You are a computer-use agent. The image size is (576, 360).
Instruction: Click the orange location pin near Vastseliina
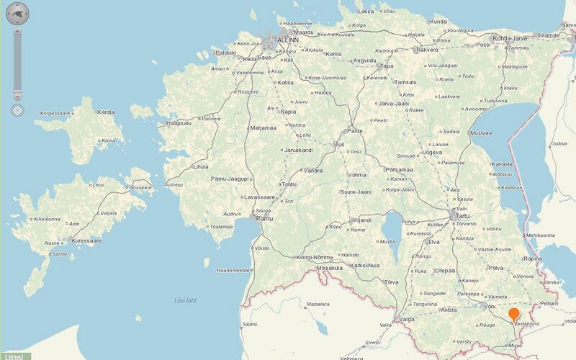coord(514,314)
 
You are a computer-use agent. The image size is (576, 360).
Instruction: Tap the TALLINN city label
coord(286,40)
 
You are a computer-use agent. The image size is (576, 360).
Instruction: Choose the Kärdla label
coord(106,112)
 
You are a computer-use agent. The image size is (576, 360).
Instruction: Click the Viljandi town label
coord(361,220)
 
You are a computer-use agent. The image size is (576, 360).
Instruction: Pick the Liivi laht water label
coord(186,300)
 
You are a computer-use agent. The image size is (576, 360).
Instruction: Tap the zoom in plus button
coord(17,32)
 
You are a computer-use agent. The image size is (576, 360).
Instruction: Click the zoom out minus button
coord(17,95)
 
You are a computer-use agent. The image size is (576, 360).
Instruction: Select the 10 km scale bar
coord(14,356)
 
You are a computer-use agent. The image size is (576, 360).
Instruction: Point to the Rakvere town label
coord(427,50)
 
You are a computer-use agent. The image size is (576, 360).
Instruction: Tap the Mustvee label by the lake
coord(480,133)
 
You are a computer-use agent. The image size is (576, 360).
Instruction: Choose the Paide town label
coord(355,130)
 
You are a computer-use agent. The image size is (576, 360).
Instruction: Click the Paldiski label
coord(225,53)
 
